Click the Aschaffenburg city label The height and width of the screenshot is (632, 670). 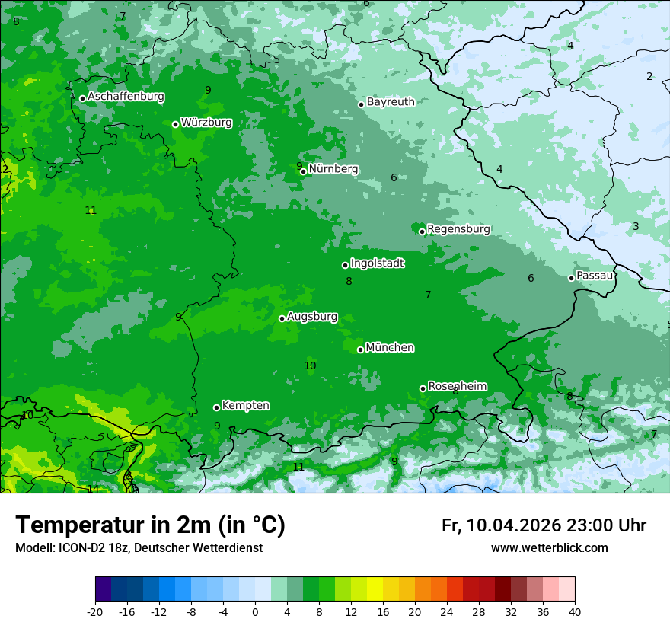coord(126,97)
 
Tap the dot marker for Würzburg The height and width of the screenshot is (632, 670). coord(175,124)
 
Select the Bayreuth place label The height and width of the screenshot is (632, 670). coord(391,101)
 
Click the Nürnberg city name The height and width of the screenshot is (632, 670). coord(333,169)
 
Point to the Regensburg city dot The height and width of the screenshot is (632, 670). coord(422,231)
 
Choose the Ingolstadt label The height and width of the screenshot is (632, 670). coord(377,263)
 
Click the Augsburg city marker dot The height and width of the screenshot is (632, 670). coord(282,318)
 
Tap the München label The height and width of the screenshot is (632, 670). coord(390,348)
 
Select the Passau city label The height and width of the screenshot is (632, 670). coord(594,276)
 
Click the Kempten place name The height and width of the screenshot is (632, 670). coord(245,406)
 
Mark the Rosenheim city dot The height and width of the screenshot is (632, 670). coord(423,388)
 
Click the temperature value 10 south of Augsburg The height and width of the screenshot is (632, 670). coord(310,365)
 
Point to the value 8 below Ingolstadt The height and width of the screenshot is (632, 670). coord(349,281)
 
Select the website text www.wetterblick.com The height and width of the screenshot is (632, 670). coord(549,548)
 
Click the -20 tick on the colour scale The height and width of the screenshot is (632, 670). coord(95,611)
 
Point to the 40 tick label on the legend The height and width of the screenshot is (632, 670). coord(575,611)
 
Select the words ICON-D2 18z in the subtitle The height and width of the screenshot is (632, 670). coord(88,548)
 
